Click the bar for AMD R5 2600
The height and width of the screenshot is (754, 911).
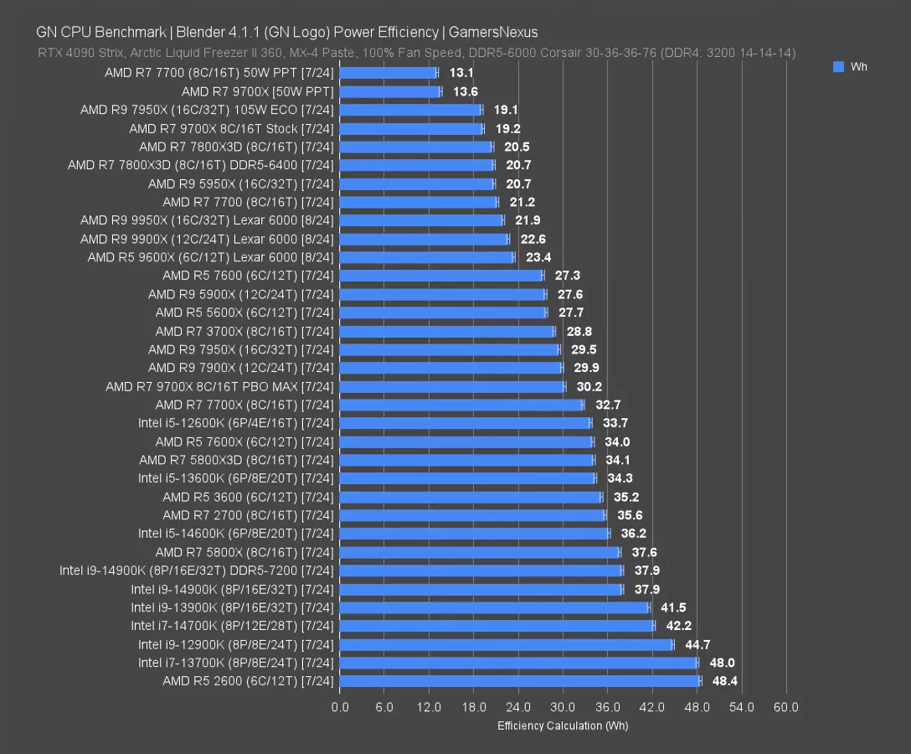[x=519, y=681]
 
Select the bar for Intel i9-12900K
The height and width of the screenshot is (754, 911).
[x=506, y=644]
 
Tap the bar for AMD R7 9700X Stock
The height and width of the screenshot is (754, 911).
[x=411, y=129]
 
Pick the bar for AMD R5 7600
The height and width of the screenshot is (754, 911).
[x=441, y=276]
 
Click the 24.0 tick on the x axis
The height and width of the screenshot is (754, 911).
[x=518, y=707]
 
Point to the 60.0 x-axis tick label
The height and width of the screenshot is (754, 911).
[x=785, y=707]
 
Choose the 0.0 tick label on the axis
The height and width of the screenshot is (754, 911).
[x=340, y=707]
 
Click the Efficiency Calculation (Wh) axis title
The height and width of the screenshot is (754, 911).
[x=562, y=726]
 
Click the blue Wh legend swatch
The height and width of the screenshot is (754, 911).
[x=838, y=67]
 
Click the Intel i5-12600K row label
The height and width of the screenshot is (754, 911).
[x=235, y=423]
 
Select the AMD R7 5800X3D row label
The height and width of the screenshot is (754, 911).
[x=236, y=460]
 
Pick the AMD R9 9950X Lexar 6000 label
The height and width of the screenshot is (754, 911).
[x=207, y=220]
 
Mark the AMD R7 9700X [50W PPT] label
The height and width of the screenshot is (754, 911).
[x=257, y=91]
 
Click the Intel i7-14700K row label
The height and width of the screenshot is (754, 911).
[x=232, y=626]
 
